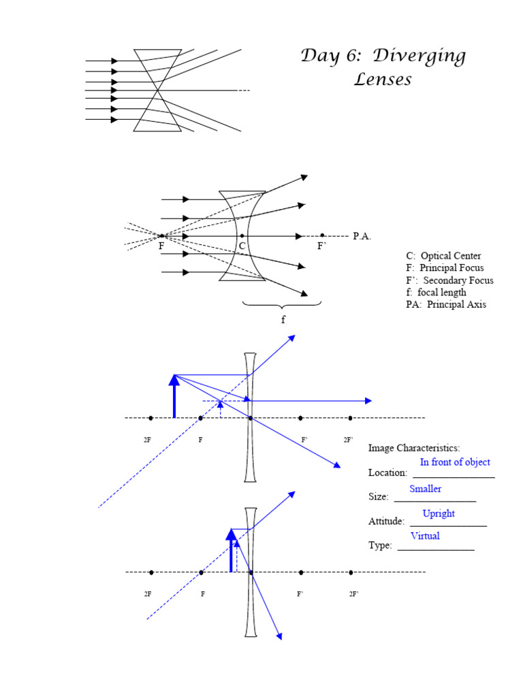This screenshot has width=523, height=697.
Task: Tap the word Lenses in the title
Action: pos(383,80)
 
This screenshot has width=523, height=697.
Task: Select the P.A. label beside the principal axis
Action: pos(362,236)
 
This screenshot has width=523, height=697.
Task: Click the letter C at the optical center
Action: pos(242,246)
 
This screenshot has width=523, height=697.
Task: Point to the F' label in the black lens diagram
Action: pos(322,246)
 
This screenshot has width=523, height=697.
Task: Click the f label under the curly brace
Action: pos(283,319)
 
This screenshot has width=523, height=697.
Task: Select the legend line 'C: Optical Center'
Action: pos(443,256)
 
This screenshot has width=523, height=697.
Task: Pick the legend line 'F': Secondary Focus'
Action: pos(449,280)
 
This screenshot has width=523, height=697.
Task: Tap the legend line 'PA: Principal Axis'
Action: pos(446,305)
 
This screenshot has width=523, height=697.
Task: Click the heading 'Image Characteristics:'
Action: pos(414,448)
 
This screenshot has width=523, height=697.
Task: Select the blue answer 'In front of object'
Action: pos(455,462)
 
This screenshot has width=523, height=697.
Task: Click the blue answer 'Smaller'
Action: pos(426,489)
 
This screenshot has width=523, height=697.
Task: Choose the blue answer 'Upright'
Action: pos(439,513)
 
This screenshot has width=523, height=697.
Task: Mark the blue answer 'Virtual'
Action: pos(425,536)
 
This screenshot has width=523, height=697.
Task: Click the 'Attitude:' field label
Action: pos(387,521)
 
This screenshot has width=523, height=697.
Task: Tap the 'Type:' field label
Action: pos(380,545)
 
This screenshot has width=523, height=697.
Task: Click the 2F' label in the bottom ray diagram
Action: pos(353,594)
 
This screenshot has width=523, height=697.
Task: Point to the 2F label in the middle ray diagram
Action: pos(147,440)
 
